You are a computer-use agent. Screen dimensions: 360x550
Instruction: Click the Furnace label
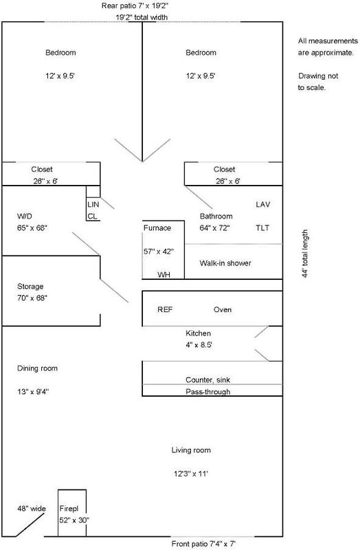pos(157,228)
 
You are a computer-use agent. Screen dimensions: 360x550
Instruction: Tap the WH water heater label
pos(164,274)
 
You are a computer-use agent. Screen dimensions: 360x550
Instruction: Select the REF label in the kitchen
pos(165,310)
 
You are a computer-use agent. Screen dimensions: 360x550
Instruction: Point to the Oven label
pos(223,310)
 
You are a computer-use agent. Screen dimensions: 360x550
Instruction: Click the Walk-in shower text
pos(225,263)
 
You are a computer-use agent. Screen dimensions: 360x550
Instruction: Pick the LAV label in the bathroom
pos(263,204)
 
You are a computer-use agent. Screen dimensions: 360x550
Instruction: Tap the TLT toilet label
pos(262,228)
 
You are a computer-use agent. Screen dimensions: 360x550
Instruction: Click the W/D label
pos(25,216)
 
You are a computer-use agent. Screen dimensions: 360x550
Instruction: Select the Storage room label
pos(30,287)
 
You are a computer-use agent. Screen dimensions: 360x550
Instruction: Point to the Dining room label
pos(38,368)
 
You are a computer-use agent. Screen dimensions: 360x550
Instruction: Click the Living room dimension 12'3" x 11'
pos(191,474)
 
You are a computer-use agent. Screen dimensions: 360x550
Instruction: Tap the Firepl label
pos(69,509)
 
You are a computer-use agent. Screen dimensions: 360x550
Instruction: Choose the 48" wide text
pos(32,509)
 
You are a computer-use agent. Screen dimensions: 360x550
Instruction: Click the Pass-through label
pos(208,392)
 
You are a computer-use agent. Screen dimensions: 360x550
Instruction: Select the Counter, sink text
pos(208,380)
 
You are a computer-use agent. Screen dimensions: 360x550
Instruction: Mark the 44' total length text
pos(305,254)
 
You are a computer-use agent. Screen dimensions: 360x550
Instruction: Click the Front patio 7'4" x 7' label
pos(203,544)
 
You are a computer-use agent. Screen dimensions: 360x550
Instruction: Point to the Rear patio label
pos(136,5)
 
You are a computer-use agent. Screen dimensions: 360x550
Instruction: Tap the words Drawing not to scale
pos(318,82)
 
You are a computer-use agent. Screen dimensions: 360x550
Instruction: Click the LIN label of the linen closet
pos(93,204)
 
